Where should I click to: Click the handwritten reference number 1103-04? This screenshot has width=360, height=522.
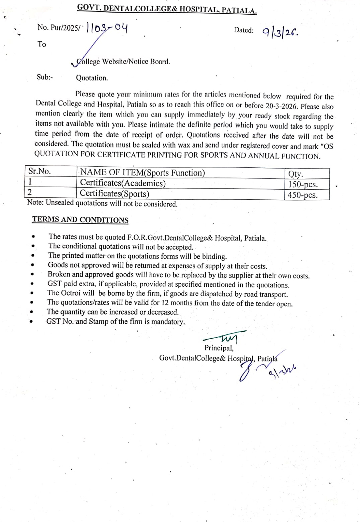click(107, 28)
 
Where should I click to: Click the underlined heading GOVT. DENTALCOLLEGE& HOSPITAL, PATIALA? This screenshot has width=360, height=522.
click(167, 9)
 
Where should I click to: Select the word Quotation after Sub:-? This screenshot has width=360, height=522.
click(92, 78)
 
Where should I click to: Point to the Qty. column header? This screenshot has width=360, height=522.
click(295, 174)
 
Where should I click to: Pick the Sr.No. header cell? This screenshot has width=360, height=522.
click(39, 171)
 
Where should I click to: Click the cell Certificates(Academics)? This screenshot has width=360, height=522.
click(123, 183)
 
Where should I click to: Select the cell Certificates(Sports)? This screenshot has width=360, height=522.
click(114, 193)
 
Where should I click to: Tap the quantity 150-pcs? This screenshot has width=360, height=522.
click(303, 184)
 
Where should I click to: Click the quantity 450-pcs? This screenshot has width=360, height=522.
click(302, 195)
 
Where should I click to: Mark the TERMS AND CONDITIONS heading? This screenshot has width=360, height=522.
click(80, 220)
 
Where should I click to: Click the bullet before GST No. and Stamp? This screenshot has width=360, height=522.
click(31, 321)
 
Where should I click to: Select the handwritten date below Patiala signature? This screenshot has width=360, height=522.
click(282, 370)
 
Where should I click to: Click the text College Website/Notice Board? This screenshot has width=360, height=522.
click(123, 62)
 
